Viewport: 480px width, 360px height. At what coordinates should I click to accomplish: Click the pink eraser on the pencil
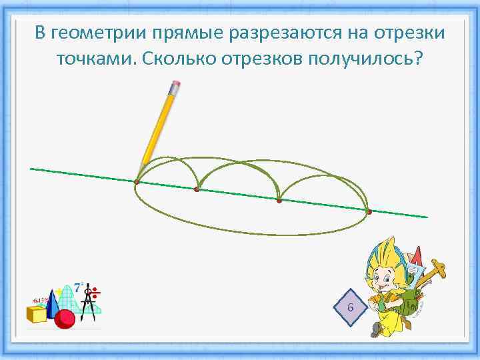click(177, 86)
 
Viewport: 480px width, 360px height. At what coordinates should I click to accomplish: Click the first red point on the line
click(136, 182)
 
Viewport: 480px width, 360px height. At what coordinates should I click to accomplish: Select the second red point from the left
click(197, 190)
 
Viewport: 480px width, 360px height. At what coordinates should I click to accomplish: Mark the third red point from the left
click(279, 200)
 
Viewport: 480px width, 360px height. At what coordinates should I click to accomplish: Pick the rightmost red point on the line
click(369, 212)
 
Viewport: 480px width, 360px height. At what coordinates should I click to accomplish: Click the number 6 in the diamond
click(351, 307)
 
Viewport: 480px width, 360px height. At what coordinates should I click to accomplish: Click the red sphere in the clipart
click(64, 319)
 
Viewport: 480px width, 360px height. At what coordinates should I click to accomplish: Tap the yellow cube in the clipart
click(37, 313)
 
